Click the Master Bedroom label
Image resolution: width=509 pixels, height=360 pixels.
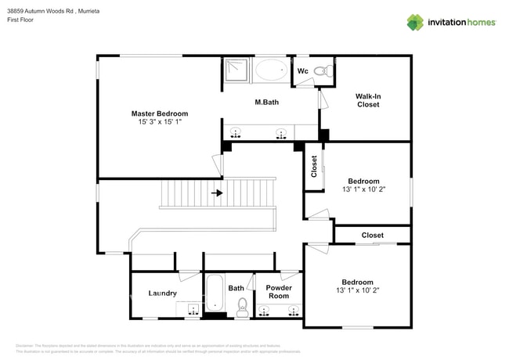(x=159, y=113)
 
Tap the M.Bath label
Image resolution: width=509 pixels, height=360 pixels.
(x=267, y=103)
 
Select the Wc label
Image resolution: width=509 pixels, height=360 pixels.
(x=302, y=71)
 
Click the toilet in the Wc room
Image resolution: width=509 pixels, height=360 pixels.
(x=321, y=71)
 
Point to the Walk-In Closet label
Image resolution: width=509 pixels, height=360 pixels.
(x=368, y=100)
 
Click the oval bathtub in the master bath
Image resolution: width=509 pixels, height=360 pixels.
(x=271, y=70)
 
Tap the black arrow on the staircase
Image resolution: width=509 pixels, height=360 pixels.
(x=217, y=192)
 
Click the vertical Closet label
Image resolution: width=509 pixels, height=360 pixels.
(x=314, y=167)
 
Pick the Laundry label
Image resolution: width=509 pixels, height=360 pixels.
(x=162, y=293)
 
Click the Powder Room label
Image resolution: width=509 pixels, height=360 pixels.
(x=279, y=292)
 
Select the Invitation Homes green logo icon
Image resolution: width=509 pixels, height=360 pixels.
(x=415, y=22)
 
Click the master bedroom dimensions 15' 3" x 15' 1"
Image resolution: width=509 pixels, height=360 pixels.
(x=159, y=122)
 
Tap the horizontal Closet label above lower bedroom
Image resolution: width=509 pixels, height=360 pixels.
(x=372, y=235)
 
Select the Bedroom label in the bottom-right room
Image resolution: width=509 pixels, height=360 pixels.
(x=357, y=282)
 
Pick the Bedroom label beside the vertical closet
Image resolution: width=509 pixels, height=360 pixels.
(x=363, y=181)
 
